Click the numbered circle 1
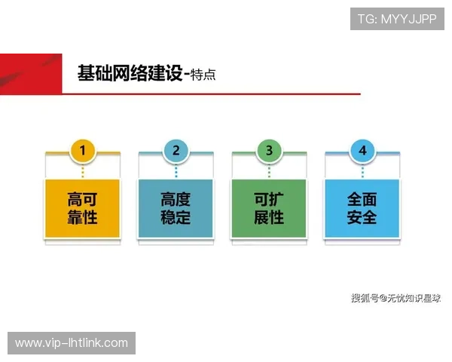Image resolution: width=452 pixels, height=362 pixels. pyautogui.click(x=83, y=151)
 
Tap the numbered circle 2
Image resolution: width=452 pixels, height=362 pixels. pyautogui.click(x=176, y=151)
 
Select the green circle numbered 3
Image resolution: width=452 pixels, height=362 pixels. pyautogui.click(x=269, y=151)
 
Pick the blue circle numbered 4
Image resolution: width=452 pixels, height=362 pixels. pyautogui.click(x=362, y=151)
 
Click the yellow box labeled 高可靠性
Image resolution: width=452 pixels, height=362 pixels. pyautogui.click(x=83, y=209)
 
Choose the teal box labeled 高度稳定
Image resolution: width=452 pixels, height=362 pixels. pyautogui.click(x=176, y=209)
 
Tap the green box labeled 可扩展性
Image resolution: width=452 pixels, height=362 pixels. pyautogui.click(x=269, y=209)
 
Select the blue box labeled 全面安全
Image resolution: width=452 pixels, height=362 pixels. pyautogui.click(x=362, y=209)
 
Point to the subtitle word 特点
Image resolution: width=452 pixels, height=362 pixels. pyautogui.click(x=204, y=75)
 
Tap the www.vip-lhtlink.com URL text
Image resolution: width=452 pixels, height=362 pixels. pyautogui.click(x=72, y=343)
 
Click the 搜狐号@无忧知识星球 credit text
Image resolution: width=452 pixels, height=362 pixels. pyautogui.click(x=395, y=298)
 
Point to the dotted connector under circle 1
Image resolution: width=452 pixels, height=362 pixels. pyautogui.click(x=83, y=170)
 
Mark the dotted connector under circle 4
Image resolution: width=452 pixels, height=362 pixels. pyautogui.click(x=362, y=170)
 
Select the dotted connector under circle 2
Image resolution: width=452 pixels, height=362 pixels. pyautogui.click(x=176, y=170)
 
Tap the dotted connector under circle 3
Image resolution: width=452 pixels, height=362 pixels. pyautogui.click(x=269, y=170)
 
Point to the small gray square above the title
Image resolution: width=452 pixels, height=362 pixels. pyautogui.click(x=63, y=51)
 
